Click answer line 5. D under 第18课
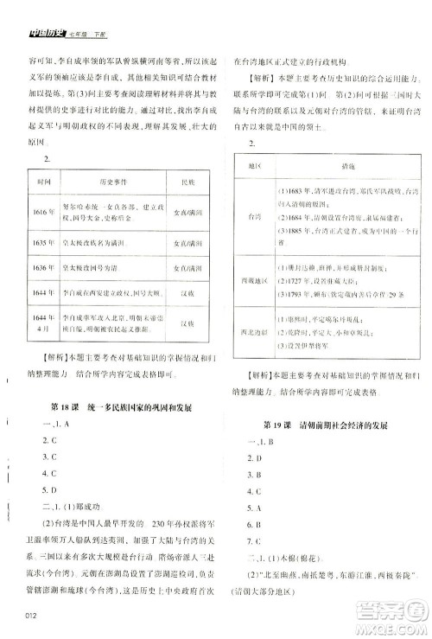pyautogui.click(x=50, y=489)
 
